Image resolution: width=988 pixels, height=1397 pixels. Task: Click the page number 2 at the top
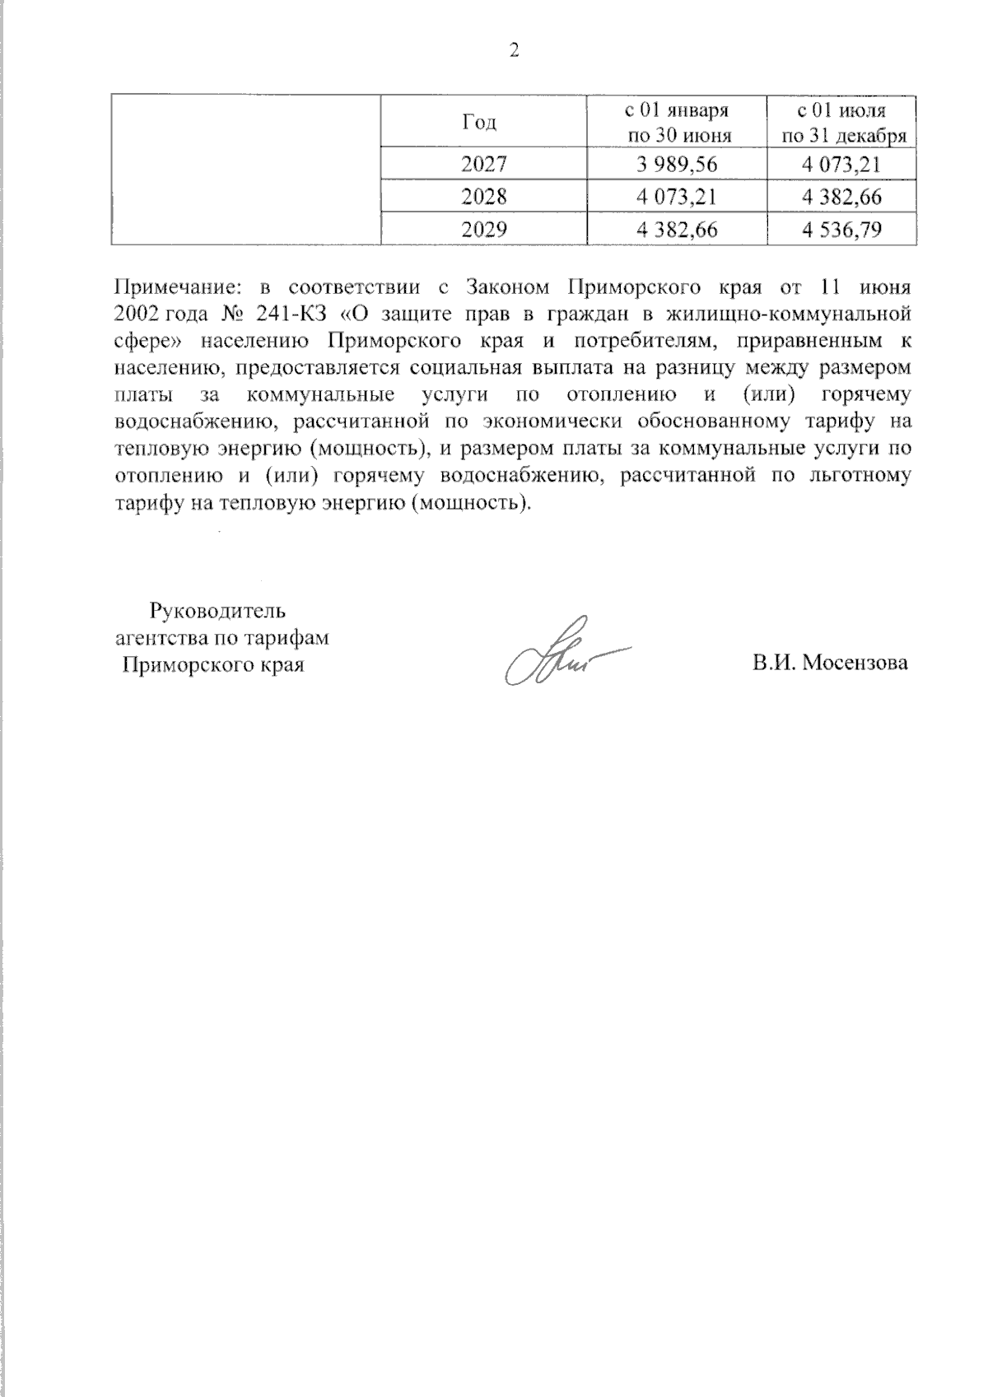coord(514,51)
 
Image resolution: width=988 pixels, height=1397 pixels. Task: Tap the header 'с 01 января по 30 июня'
coord(677,123)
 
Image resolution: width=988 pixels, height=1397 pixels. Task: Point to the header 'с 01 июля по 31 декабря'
coord(842,123)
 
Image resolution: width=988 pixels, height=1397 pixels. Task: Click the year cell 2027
coord(483,165)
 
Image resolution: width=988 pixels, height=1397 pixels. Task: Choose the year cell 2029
coord(483,230)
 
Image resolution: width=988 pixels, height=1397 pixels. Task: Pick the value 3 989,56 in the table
coord(677,165)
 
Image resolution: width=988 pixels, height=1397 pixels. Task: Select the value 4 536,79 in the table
coord(842,230)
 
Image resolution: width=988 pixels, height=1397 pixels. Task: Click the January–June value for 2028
coord(677,197)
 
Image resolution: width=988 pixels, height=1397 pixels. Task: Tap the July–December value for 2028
coord(842,197)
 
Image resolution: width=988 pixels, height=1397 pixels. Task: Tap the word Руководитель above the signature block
coord(217,610)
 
